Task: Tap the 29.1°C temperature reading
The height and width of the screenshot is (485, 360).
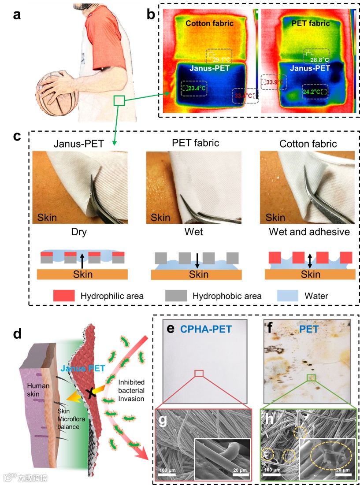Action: (x=222, y=59)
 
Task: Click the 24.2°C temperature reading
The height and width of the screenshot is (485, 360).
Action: (x=314, y=93)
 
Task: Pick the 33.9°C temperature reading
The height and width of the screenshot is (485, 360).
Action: (x=274, y=82)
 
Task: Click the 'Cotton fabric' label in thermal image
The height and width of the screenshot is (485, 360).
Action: (x=209, y=23)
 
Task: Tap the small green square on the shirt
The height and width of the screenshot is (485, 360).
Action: (x=119, y=101)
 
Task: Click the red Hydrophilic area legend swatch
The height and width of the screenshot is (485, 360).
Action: (x=64, y=295)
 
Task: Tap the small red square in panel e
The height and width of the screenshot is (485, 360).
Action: (x=199, y=374)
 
